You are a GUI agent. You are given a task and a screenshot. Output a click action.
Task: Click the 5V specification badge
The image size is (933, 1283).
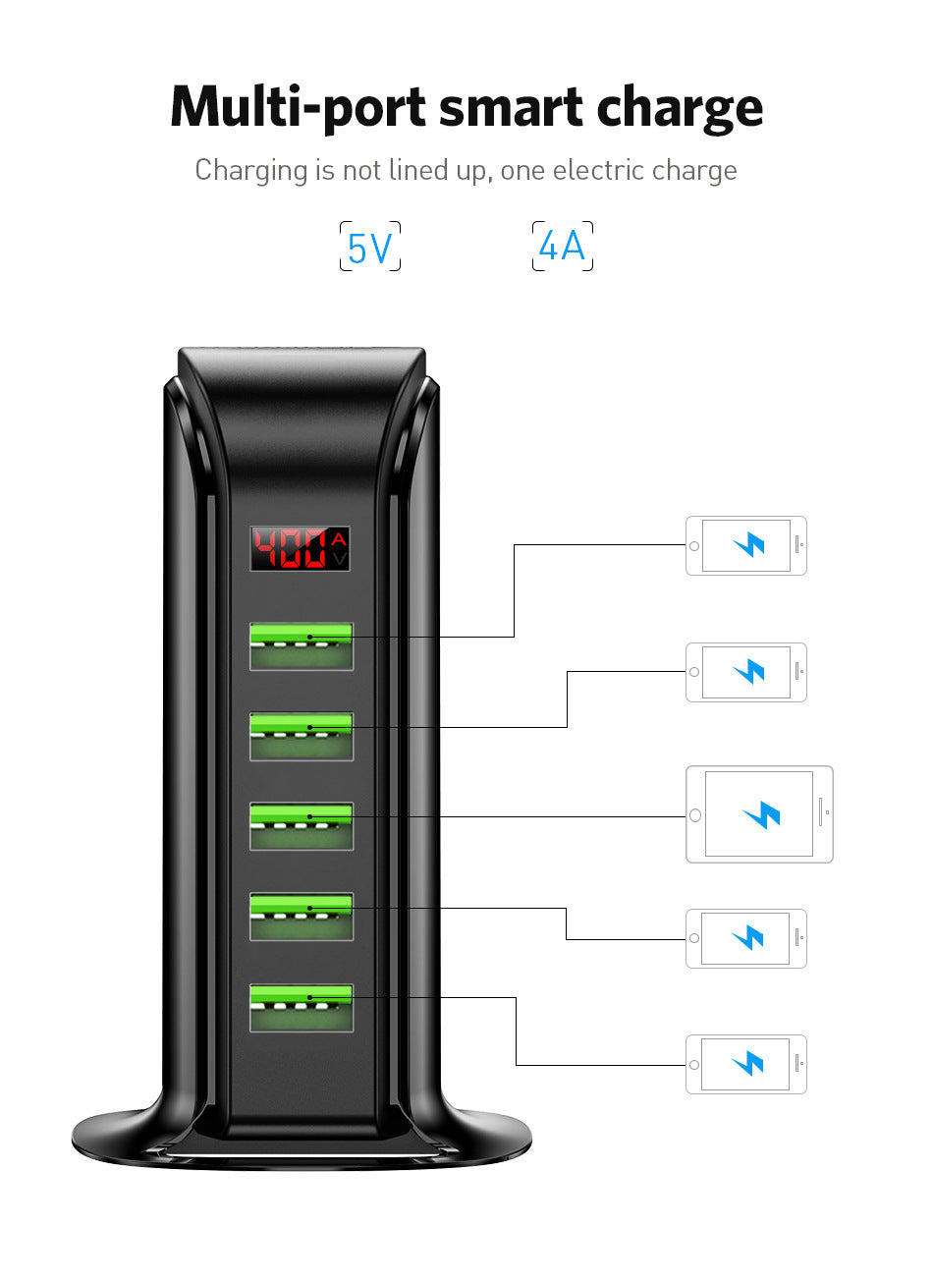coord(369,248)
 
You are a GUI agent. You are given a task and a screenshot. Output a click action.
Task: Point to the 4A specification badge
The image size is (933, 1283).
coord(562,246)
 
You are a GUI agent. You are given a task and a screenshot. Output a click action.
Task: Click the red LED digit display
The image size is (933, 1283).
coord(291,548)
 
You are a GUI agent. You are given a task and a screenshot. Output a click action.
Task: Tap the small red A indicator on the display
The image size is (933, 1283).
coord(339,538)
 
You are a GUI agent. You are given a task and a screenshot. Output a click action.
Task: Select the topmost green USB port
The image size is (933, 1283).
coord(302,645)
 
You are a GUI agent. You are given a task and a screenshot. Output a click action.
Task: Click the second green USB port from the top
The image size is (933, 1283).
coord(302,736)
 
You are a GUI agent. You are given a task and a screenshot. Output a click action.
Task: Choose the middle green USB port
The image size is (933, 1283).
coord(302,825)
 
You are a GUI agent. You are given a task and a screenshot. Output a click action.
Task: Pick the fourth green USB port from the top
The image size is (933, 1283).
coord(302,916)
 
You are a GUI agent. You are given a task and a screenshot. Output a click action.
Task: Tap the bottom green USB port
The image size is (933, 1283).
coord(302,1007)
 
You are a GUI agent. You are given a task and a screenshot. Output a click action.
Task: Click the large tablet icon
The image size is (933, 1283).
coord(758,814)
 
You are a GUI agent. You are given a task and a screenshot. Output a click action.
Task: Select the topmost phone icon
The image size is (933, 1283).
coord(745,545)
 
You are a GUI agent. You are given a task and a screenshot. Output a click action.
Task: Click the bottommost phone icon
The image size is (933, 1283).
coord(745,1064)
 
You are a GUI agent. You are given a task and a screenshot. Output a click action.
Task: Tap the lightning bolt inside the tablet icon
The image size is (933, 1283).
coord(762,814)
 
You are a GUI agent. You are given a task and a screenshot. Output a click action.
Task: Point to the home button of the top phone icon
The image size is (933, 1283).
coord(694,546)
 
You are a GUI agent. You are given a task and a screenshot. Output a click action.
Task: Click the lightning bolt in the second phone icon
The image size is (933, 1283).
coord(748,672)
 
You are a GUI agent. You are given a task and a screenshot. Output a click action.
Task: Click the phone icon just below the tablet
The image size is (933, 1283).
coord(745,938)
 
